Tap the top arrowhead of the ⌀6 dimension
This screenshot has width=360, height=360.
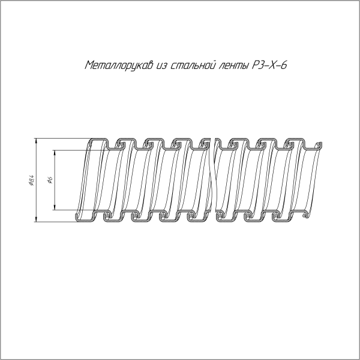point(56,152)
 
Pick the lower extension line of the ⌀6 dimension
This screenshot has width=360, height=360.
point(66,211)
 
